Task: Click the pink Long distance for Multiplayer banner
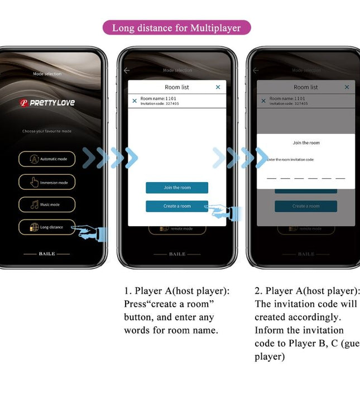pyautogui.click(x=176, y=28)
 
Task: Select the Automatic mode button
pyautogui.click(x=47, y=159)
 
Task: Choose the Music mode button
pyautogui.click(x=47, y=204)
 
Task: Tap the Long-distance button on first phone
pyautogui.click(x=47, y=227)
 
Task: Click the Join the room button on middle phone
pyautogui.click(x=177, y=188)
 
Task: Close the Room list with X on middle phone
pyautogui.click(x=218, y=87)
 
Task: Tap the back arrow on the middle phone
pyautogui.click(x=127, y=70)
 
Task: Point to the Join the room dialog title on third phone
pyautogui.click(x=306, y=143)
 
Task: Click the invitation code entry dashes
pyautogui.click(x=306, y=178)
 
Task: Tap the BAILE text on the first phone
pyautogui.click(x=47, y=254)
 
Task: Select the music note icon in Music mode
pyautogui.click(x=33, y=204)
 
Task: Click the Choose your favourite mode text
pyautogui.click(x=47, y=131)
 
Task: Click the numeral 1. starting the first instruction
pyautogui.click(x=127, y=291)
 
